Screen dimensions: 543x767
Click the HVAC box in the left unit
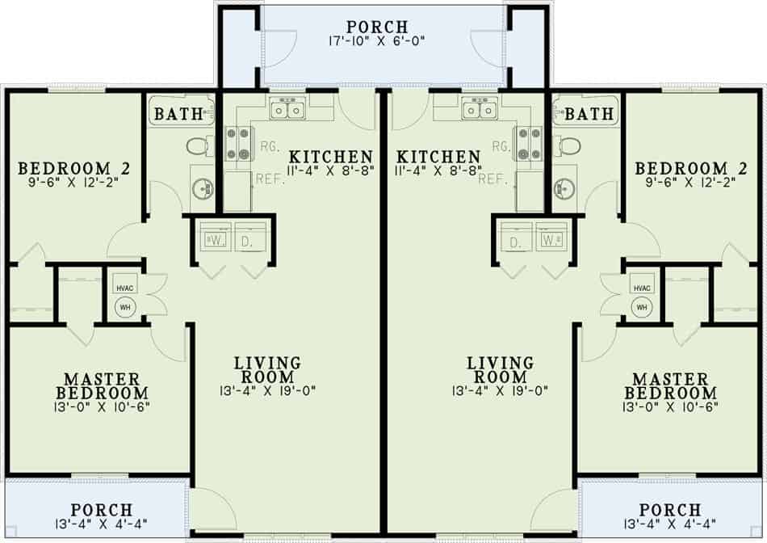click(124, 288)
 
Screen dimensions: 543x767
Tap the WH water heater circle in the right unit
click(642, 307)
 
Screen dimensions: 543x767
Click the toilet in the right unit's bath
click(570, 146)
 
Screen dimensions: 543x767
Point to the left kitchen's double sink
click(287, 108)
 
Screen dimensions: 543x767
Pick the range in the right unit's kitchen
click(530, 143)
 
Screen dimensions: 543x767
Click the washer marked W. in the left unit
click(216, 240)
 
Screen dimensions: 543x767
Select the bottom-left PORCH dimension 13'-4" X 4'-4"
click(102, 524)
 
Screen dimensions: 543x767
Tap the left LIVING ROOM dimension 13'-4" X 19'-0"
click(266, 391)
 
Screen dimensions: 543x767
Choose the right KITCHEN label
click(439, 156)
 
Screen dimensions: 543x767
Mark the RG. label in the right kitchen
click(501, 146)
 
